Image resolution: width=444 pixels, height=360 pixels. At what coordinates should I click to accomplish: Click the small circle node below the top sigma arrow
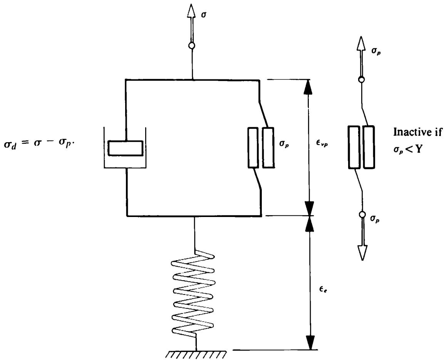coord(192,45)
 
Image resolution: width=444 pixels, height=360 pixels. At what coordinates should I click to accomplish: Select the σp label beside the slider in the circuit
coord(284,144)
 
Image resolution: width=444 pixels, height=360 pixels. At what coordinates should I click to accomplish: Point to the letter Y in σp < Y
coord(418,149)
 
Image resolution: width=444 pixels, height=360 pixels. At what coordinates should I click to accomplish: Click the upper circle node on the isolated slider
coord(361,80)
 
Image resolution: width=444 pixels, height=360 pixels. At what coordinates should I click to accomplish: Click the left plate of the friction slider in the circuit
coord(253,148)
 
